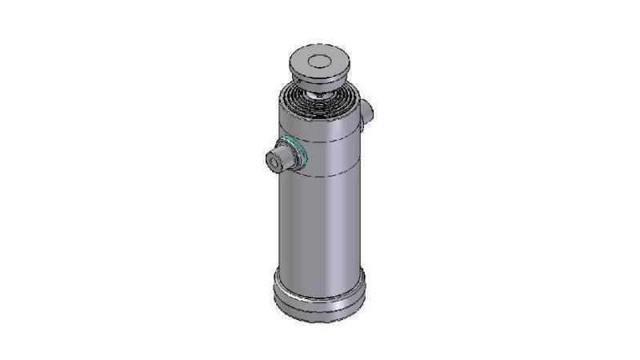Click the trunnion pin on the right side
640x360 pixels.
point(367,111)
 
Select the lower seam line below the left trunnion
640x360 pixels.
point(320,174)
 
